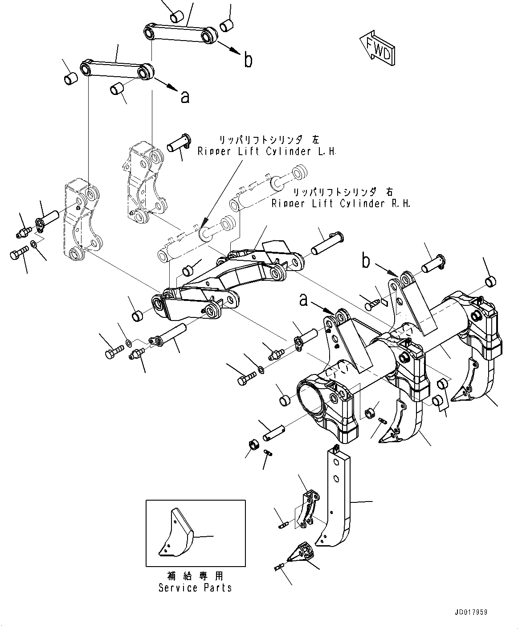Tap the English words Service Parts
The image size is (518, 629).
pos(195,588)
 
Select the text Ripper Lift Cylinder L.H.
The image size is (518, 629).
pos(267,152)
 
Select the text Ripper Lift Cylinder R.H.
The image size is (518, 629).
pos(341,203)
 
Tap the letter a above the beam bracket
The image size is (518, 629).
pos(303,301)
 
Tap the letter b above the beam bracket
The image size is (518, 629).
pos(366,262)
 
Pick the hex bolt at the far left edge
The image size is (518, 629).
pos(15,255)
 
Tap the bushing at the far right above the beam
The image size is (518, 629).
pos(489,281)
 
